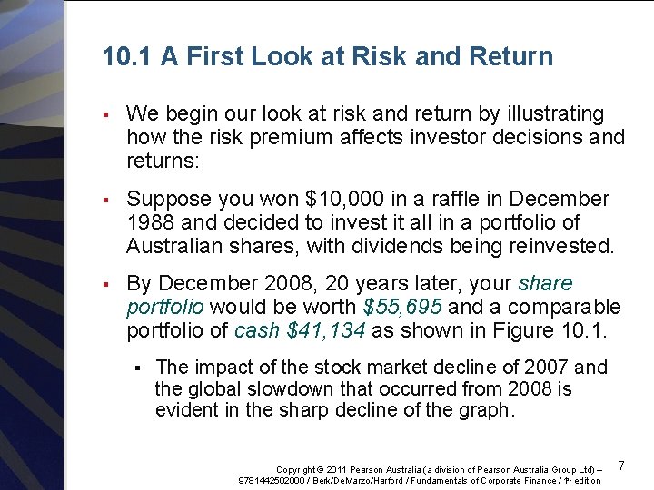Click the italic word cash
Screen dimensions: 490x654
coord(257,331)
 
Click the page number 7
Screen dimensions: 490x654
coord(621,465)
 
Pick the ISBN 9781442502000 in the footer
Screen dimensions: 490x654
coord(274,480)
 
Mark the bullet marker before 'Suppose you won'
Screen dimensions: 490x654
coord(107,200)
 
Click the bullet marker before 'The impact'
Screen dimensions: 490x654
coord(137,368)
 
